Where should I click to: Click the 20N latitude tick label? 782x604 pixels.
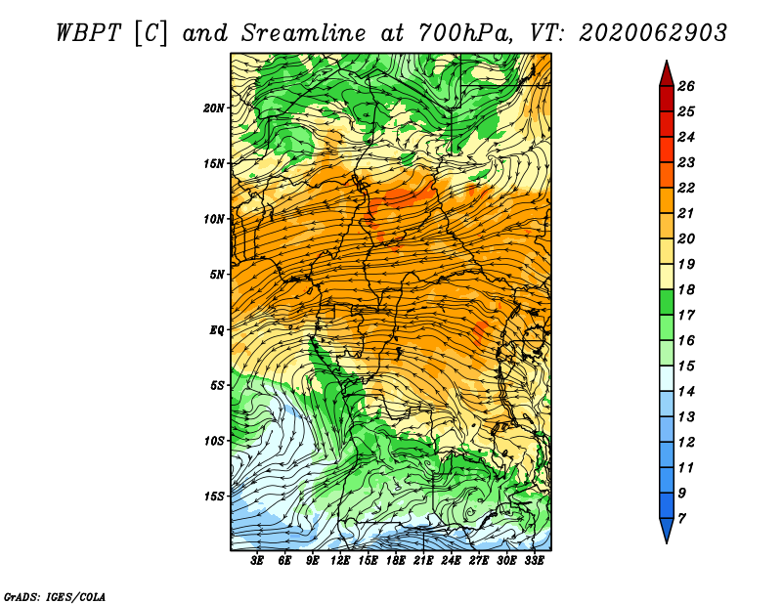tap(213, 108)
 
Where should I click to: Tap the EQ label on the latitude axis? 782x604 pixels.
tap(217, 330)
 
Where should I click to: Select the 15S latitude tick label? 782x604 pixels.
tap(213, 496)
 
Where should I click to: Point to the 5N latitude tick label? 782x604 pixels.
tap(217, 275)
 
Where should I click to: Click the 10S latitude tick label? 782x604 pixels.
tap(213, 441)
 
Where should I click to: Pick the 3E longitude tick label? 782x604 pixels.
tap(257, 561)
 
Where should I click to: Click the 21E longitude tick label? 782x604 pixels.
tap(423, 561)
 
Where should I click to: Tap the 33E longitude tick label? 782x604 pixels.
tap(534, 561)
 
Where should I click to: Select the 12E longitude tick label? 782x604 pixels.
tap(340, 561)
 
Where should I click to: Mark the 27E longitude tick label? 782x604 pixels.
tap(479, 561)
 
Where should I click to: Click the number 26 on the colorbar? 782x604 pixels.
tap(686, 86)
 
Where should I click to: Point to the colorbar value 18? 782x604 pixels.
tap(686, 289)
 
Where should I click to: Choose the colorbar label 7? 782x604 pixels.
tap(681, 519)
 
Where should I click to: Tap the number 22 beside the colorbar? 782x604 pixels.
tap(686, 188)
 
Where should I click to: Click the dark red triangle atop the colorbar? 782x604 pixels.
tap(667, 75)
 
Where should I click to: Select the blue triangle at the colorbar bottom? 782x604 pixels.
tap(667, 530)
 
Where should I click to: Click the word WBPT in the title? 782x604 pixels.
tap(88, 33)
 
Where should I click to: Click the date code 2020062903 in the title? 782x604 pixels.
tap(653, 33)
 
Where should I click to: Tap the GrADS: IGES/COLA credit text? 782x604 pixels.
tap(55, 596)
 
